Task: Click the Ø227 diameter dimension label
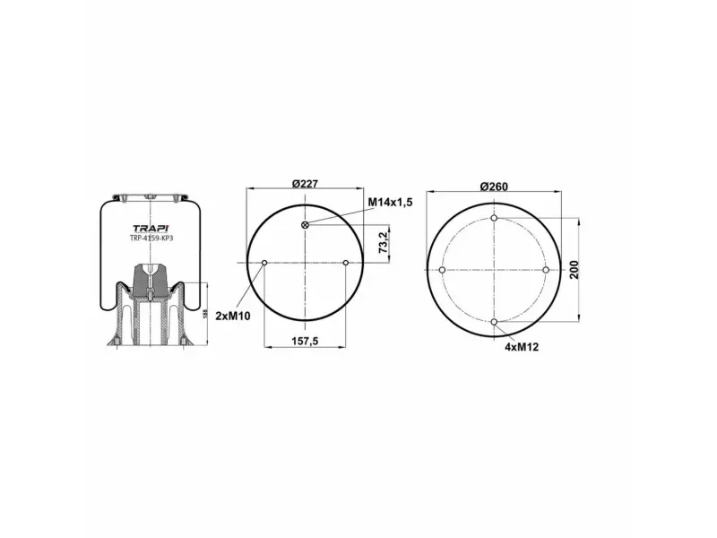click(x=305, y=184)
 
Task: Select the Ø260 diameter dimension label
click(x=494, y=187)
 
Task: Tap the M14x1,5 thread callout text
click(x=391, y=202)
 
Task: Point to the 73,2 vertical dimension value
click(x=383, y=242)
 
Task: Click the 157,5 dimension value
click(x=305, y=341)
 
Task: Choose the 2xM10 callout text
click(x=233, y=316)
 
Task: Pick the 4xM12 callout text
click(x=522, y=347)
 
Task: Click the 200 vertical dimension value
click(x=574, y=270)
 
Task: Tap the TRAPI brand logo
click(x=151, y=229)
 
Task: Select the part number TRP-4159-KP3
click(x=151, y=239)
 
